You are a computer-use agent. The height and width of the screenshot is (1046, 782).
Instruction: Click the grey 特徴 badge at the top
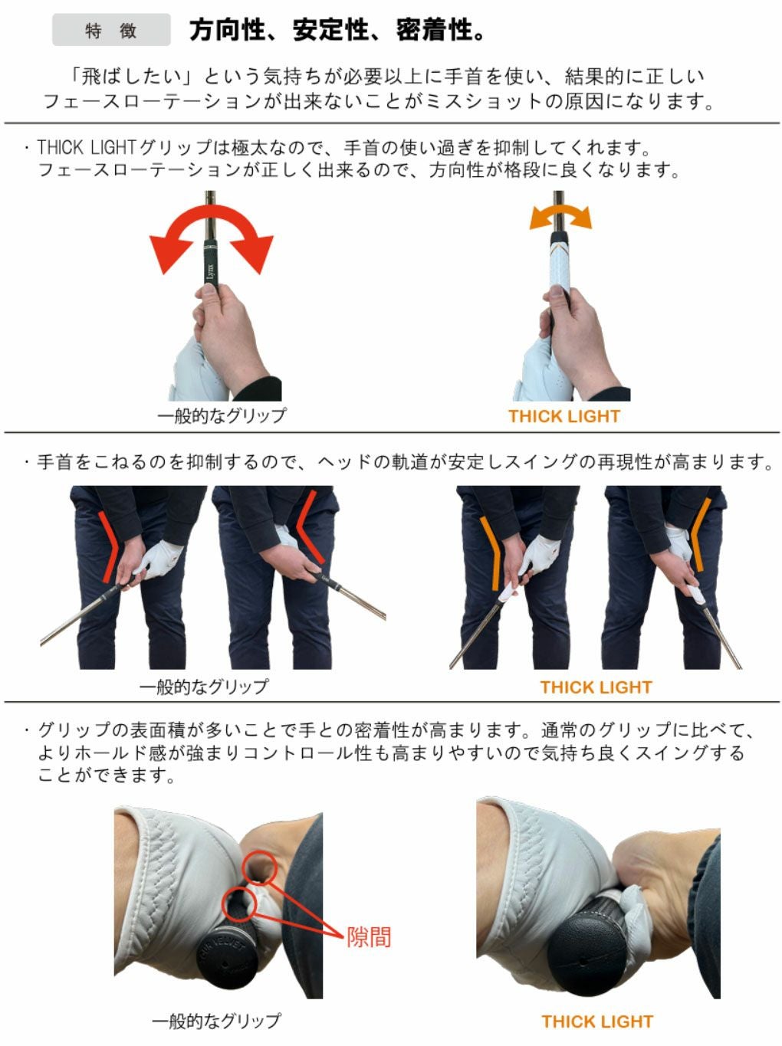tap(111, 31)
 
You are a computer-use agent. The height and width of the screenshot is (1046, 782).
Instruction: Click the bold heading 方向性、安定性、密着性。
tap(337, 30)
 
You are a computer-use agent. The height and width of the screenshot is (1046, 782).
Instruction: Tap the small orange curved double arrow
tap(560, 216)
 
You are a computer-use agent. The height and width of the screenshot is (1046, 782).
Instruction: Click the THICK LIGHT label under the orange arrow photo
tap(563, 416)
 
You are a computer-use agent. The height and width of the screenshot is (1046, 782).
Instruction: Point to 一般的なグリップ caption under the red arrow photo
tap(222, 415)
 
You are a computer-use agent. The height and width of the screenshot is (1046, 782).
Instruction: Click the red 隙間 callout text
tap(369, 936)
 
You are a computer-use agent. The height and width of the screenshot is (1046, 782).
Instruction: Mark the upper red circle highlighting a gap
tap(258, 867)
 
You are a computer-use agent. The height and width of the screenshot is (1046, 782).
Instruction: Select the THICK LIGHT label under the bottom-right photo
tap(596, 1021)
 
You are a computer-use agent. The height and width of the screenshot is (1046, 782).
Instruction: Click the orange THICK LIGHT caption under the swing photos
tap(596, 687)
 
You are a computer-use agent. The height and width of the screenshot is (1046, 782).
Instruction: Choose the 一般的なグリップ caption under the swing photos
tap(204, 686)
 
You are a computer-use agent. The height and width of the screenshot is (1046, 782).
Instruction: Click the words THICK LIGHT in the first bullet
tap(86, 146)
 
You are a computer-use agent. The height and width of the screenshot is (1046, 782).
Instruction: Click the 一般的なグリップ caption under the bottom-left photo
tap(216, 1021)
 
